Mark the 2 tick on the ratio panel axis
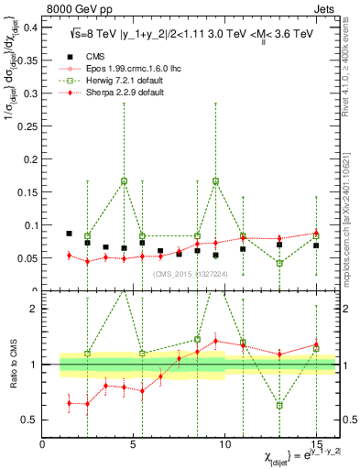pyautogui.click(x=33, y=309)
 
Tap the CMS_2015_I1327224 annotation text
pyautogui.click(x=199, y=273)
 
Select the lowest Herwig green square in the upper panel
pyautogui.click(x=279, y=264)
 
